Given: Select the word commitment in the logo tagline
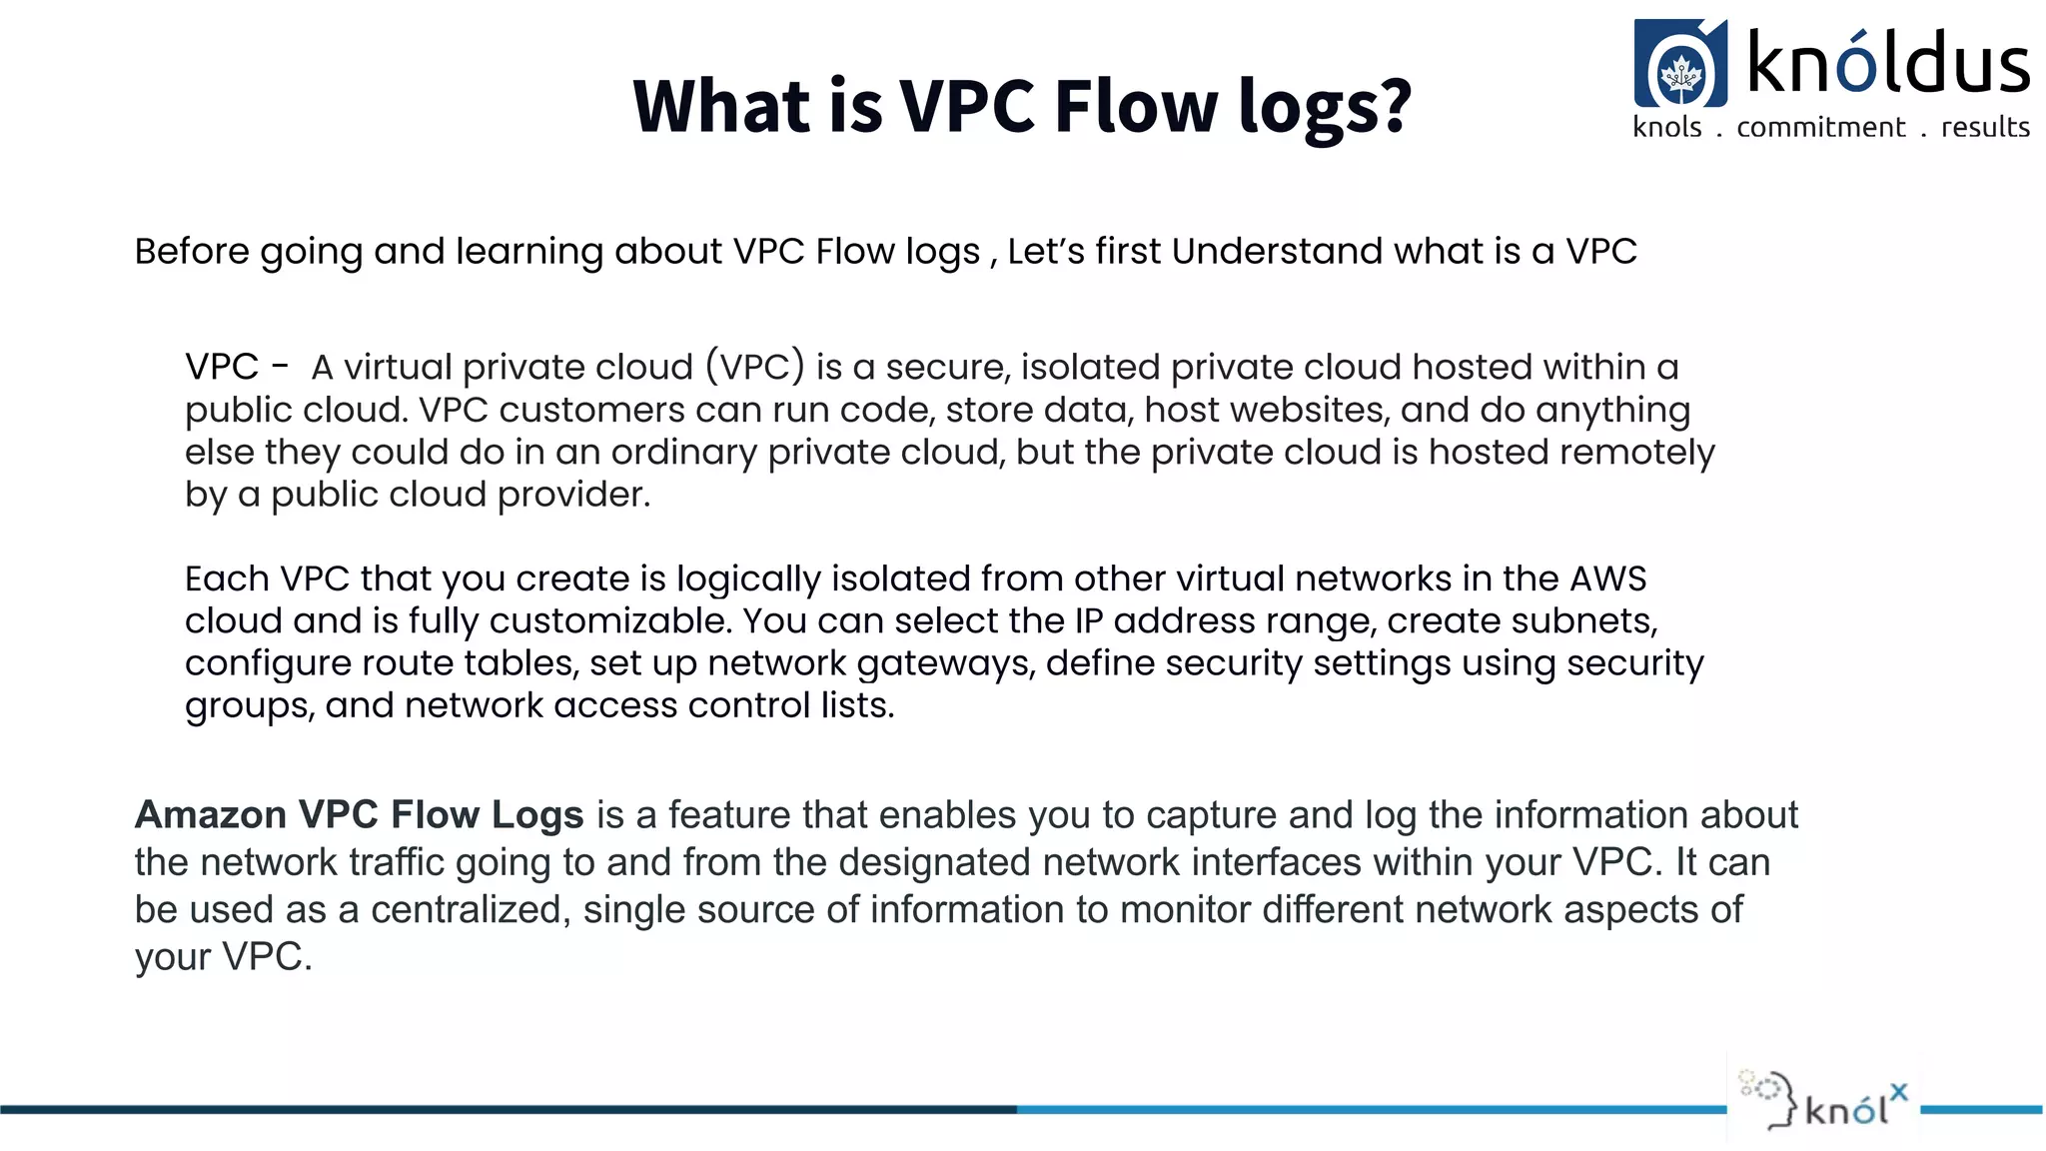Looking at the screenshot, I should point(1820,128).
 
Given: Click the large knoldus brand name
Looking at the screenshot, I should point(1887,62).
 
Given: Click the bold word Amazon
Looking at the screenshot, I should point(211,814).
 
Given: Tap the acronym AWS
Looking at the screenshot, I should point(1607,578).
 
